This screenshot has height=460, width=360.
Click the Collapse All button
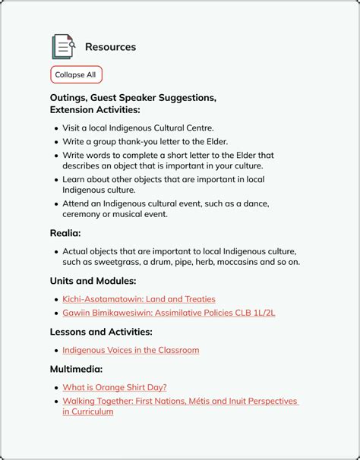coord(75,75)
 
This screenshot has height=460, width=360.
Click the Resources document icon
coord(63,47)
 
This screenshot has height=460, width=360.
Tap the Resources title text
coord(110,47)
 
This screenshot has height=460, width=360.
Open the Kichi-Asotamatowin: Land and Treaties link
coord(139,299)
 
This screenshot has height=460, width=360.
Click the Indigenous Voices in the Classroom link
coord(131,350)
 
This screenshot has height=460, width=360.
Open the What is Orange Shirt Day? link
coord(115,387)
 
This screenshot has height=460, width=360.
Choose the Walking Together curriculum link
coord(180,401)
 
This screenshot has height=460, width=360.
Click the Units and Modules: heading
coord(93,281)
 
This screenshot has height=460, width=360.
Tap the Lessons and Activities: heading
coord(101,332)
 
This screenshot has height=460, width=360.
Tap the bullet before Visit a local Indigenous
coord(56,128)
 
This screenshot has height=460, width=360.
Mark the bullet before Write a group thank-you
coord(56,142)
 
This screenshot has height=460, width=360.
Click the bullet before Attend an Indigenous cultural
coord(56,204)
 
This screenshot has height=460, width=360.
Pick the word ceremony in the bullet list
coord(83,214)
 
